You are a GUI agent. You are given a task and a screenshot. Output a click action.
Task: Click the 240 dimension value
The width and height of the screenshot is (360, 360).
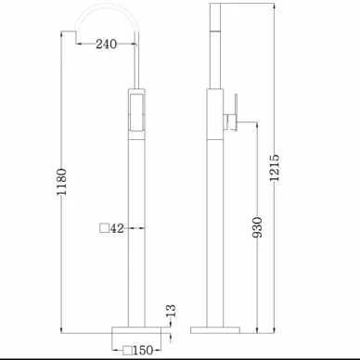106,44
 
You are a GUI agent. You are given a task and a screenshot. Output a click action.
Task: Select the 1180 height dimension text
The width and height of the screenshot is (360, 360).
61,182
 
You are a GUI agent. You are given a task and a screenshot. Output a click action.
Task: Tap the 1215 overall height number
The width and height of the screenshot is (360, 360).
275,167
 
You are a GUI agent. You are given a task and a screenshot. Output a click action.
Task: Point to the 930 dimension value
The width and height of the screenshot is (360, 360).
257,227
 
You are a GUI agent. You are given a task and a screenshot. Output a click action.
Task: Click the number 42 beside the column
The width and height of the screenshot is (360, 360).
117,228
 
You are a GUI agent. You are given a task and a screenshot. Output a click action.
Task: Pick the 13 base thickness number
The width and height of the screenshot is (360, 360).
171,311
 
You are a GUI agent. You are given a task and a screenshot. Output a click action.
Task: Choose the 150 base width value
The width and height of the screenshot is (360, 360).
143,350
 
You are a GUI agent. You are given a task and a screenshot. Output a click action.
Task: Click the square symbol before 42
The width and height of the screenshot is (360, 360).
104,228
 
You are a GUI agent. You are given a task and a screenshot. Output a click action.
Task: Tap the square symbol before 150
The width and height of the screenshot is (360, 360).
128,351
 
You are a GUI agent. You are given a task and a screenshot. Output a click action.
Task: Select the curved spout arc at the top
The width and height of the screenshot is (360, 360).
107,6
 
